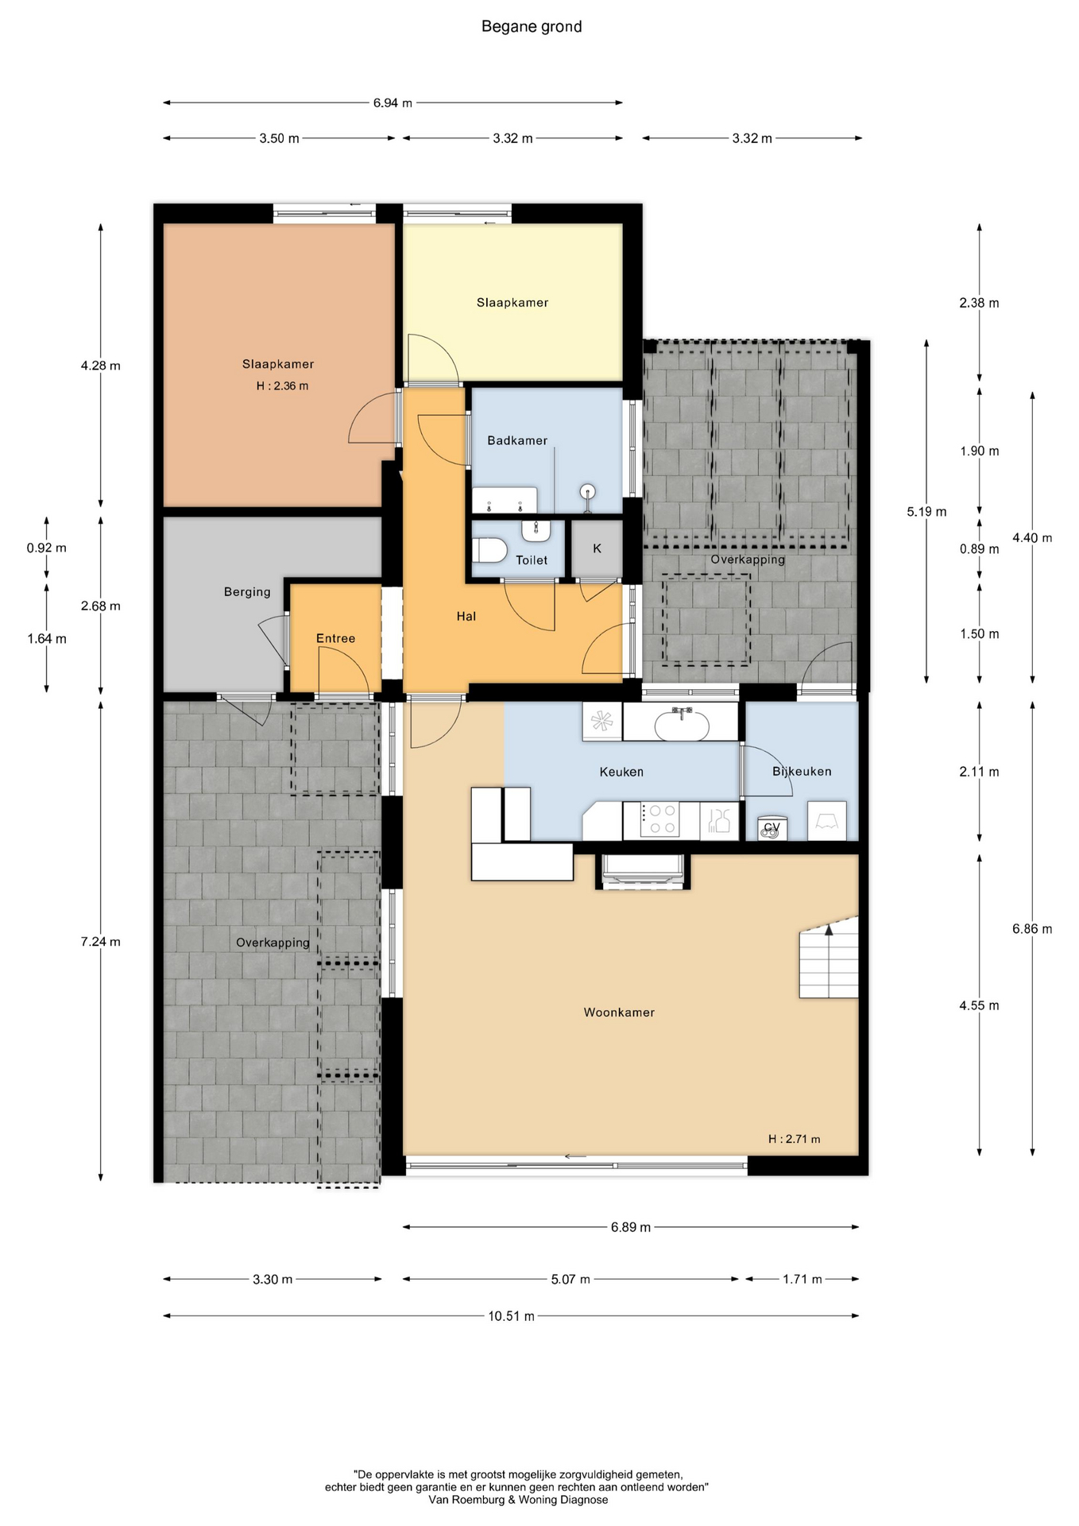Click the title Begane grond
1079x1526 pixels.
(532, 27)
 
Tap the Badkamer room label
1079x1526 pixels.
(517, 440)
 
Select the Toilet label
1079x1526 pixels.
(532, 560)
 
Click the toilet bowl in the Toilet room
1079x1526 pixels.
(489, 550)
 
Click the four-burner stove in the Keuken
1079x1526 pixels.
(662, 820)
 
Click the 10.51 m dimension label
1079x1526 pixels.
(512, 1315)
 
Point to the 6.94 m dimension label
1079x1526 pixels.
(393, 103)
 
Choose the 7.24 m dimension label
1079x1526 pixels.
(101, 942)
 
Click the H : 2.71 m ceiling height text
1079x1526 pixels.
(794, 1139)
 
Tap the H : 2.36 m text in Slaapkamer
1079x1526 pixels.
(282, 386)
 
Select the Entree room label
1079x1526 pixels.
(335, 638)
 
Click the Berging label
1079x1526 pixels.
(247, 592)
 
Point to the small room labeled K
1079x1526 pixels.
(597, 548)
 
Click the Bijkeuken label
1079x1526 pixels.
(802, 772)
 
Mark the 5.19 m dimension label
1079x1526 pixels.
(926, 512)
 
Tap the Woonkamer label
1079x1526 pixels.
(619, 1013)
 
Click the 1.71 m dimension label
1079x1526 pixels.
(802, 1279)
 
